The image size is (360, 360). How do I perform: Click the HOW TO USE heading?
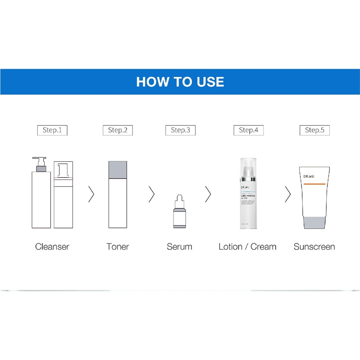[180, 82]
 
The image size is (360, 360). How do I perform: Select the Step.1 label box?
[52, 130]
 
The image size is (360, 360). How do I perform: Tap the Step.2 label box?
[118, 130]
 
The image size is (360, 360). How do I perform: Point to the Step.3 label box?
[180, 130]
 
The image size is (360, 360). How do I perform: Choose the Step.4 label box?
[248, 130]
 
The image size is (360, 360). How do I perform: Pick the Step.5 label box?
[315, 130]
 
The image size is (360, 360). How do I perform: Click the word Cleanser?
[52, 247]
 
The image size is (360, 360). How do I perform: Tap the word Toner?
[118, 247]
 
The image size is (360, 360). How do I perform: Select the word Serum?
[180, 247]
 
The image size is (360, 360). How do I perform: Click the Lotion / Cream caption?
[248, 247]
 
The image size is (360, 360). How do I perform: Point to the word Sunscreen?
[314, 247]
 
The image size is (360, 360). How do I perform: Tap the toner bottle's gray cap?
[118, 170]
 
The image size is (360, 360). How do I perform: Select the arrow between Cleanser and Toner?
[91, 194]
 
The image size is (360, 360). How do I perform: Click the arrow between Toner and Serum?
[152, 194]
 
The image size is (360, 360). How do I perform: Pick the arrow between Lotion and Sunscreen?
[287, 194]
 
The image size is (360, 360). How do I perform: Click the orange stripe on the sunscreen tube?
[314, 184]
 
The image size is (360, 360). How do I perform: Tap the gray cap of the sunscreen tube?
[314, 222]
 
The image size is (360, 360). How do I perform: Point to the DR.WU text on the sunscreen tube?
[309, 177]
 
